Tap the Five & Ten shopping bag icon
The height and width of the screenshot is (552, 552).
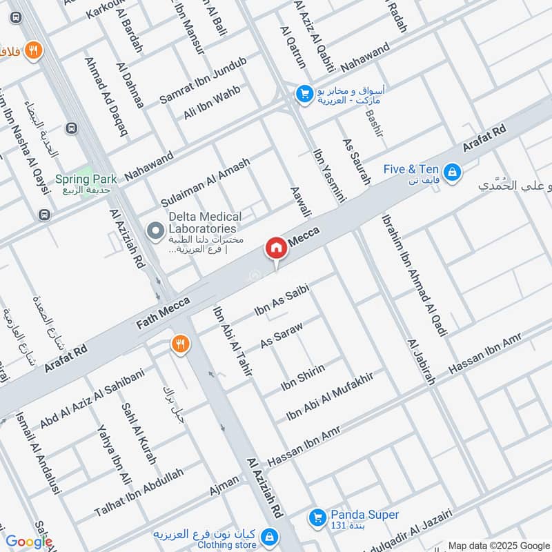pos(452,171)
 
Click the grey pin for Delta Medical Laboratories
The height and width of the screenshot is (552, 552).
pos(157,228)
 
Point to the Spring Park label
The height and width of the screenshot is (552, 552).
pos(86,179)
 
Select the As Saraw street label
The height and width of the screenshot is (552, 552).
pos(282,333)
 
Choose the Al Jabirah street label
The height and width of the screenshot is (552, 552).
pos(421,362)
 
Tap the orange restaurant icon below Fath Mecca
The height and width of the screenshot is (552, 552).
pos(180,344)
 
